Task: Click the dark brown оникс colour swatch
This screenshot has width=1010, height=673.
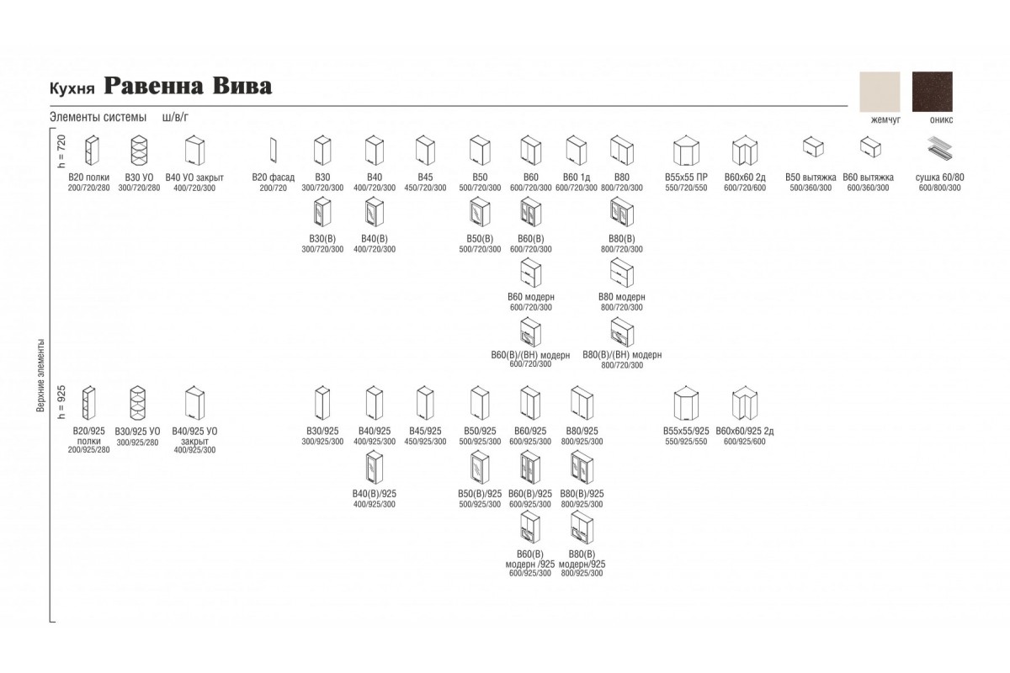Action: tap(933, 92)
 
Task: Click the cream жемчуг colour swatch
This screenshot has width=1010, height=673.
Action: tap(880, 92)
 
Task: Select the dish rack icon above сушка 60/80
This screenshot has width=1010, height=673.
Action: tap(940, 149)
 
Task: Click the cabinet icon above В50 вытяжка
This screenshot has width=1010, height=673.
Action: tap(813, 147)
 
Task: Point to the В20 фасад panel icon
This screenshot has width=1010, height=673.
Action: tap(274, 150)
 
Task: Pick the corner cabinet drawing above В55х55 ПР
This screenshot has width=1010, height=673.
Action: tap(686, 151)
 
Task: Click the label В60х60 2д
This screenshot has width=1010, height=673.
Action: tap(745, 178)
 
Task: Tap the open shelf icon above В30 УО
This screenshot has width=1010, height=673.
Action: tap(139, 150)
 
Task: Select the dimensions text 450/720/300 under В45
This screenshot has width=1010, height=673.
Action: tap(425, 188)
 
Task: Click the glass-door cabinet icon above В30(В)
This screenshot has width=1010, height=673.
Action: tap(322, 212)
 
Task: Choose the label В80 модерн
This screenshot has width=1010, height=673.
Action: tap(622, 297)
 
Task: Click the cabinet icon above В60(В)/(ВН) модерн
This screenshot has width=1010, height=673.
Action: tap(530, 332)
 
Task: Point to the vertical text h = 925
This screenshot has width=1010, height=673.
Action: tap(61, 402)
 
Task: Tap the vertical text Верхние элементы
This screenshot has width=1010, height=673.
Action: tap(40, 375)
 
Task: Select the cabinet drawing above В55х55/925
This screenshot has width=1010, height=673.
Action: tap(686, 403)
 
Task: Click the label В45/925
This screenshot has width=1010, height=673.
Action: tap(425, 432)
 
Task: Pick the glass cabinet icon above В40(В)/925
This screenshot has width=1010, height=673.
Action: tap(375, 468)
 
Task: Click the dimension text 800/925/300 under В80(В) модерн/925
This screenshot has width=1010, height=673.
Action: tap(582, 574)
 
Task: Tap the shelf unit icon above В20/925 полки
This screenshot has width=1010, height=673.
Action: tap(88, 403)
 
